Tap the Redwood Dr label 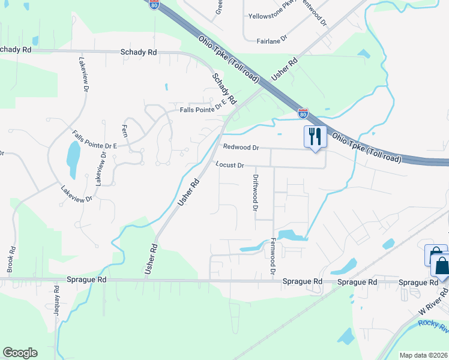click(240, 147)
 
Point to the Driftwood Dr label click(255, 193)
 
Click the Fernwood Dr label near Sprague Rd click(273, 256)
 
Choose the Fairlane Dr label click(273, 41)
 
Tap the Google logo click(20, 353)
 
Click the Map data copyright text click(423, 355)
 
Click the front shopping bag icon click(442, 265)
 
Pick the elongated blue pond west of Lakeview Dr click(73, 160)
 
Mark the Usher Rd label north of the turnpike click(285, 70)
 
